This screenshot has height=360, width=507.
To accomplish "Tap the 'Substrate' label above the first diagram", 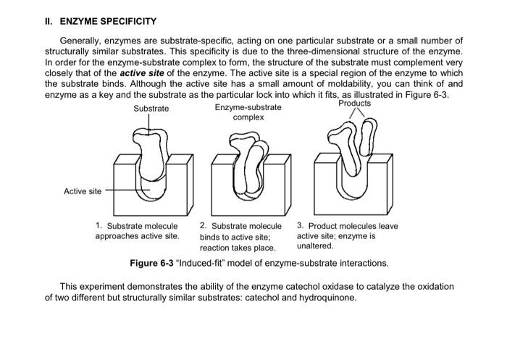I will [151, 108].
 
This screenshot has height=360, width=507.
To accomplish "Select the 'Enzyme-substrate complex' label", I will [248, 112].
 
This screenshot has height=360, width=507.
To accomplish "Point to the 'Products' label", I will [354, 103].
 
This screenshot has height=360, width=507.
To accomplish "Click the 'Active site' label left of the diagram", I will [83, 191].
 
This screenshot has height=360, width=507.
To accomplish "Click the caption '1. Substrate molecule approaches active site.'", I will [137, 231].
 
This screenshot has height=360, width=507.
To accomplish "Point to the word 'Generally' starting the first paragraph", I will [80, 41].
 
